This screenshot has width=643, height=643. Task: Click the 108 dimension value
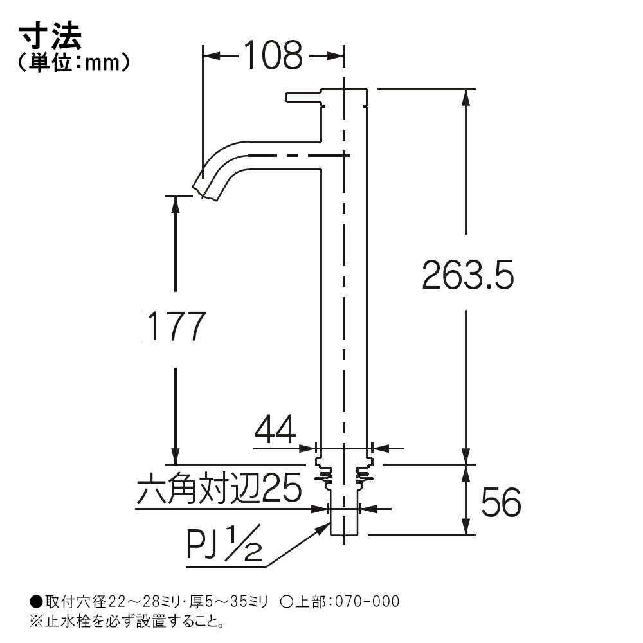pyautogui.click(x=273, y=55)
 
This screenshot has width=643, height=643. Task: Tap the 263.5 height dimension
pyautogui.click(x=467, y=275)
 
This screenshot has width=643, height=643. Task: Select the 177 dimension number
pyautogui.click(x=176, y=327)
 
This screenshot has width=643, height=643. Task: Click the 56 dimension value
pyautogui.click(x=501, y=502)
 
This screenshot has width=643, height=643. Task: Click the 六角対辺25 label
pyautogui.click(x=219, y=489)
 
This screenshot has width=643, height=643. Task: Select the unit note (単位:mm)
pyautogui.click(x=74, y=63)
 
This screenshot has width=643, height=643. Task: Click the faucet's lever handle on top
pyautogui.click(x=303, y=98)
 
